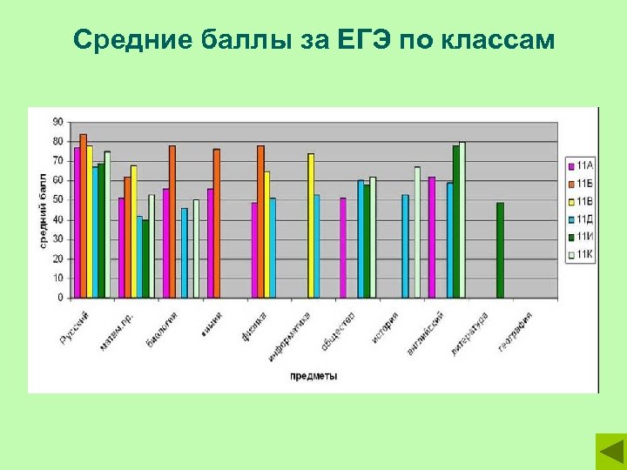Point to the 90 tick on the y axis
point(57,121)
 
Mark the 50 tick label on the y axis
point(57,199)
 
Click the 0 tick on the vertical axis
point(60,298)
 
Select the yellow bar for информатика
point(311,225)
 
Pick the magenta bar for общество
point(343,248)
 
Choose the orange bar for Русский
point(83,216)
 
